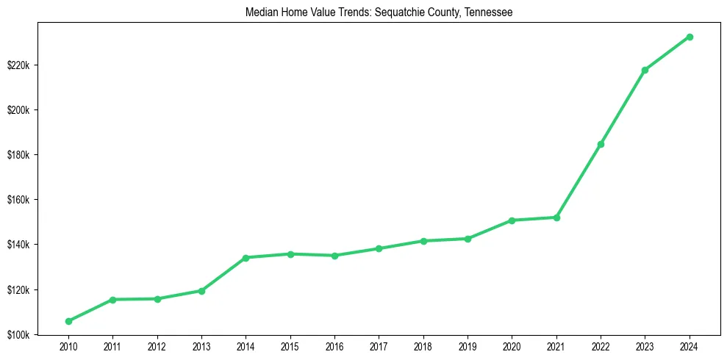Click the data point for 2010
point(68,321)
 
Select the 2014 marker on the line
point(246,258)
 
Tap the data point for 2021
point(556,217)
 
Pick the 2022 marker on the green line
point(601,144)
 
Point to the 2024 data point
point(690,37)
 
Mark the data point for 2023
point(645,70)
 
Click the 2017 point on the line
point(379,248)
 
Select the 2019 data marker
point(468,239)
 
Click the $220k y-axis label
point(18,65)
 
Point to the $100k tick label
point(18,334)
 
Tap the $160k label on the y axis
point(18,200)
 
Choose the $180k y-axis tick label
point(18,155)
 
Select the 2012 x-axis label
point(157,346)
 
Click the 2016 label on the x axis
point(334,346)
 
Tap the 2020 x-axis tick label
point(512,346)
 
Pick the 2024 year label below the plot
point(690,346)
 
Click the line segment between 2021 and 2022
point(579,181)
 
